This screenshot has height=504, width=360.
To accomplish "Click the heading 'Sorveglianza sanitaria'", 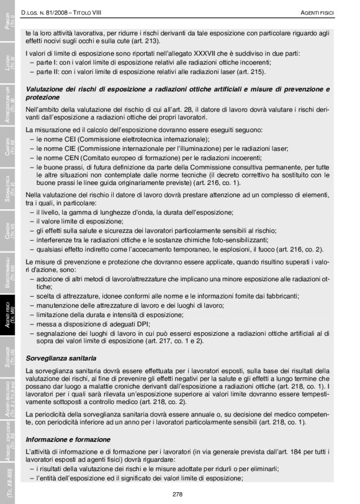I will point(61,358).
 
